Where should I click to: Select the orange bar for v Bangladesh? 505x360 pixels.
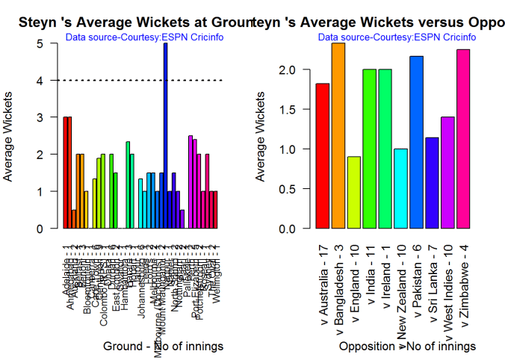(x=338, y=135)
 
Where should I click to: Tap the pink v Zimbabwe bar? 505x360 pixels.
(x=464, y=138)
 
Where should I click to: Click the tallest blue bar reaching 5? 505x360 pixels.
(x=166, y=135)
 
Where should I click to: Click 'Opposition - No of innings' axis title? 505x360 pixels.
(x=406, y=347)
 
